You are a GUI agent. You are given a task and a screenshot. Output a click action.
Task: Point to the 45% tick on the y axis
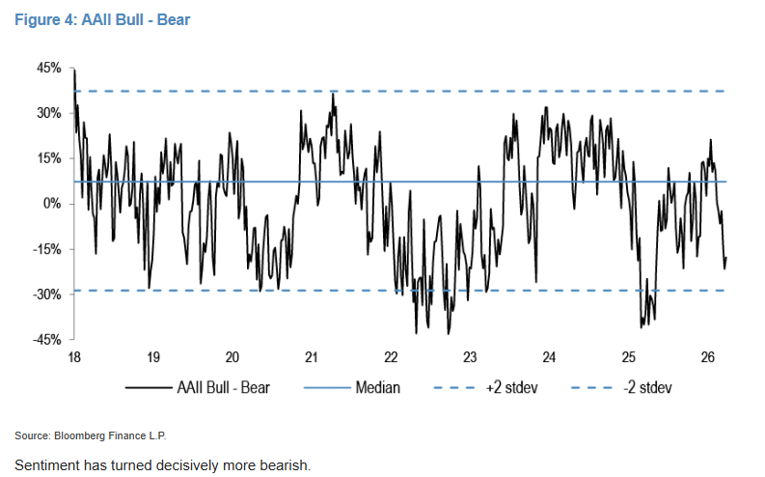pyautogui.click(x=49, y=68)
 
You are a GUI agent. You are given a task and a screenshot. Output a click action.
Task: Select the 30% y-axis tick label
pyautogui.click(x=49, y=113)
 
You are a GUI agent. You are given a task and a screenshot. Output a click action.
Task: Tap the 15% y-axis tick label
pyautogui.click(x=49, y=158)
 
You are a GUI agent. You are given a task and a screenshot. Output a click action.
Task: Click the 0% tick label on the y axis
pyautogui.click(x=53, y=204)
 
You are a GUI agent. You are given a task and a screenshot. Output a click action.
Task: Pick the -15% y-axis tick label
pyautogui.click(x=47, y=249)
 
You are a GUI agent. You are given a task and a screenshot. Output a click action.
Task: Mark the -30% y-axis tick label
pyautogui.click(x=47, y=295)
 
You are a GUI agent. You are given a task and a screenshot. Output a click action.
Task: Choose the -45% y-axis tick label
pyautogui.click(x=47, y=339)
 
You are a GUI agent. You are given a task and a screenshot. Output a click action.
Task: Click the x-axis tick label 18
pyautogui.click(x=74, y=357)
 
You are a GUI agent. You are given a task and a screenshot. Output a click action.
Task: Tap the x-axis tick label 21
pyautogui.click(x=312, y=357)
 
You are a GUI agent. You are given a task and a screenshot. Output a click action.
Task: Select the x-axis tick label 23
pyautogui.click(x=470, y=357)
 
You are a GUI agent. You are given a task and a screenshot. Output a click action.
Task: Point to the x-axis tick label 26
pyautogui.click(x=707, y=357)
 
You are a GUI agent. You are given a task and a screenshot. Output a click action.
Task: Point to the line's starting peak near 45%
pyautogui.click(x=74, y=70)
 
